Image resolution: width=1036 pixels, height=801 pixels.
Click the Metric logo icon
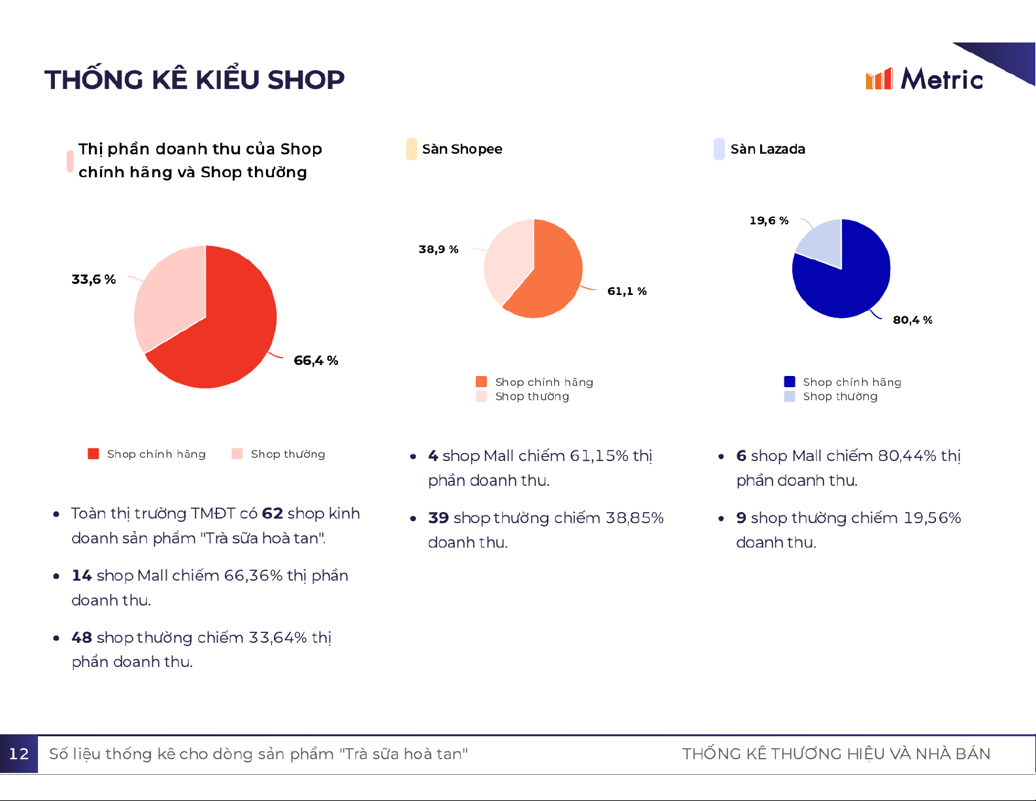[878, 79]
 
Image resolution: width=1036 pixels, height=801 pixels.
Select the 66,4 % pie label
[316, 360]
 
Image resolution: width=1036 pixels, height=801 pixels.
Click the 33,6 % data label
[93, 279]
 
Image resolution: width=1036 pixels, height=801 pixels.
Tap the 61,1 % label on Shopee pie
[627, 291]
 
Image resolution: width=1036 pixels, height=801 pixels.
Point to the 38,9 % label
[438, 249]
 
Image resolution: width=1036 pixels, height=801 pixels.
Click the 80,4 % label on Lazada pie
[912, 320]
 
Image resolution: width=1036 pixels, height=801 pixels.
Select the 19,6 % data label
[769, 220]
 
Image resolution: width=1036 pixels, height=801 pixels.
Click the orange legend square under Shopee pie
[482, 382]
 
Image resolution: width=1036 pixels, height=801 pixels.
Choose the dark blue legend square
[790, 382]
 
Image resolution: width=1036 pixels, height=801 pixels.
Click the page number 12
[19, 754]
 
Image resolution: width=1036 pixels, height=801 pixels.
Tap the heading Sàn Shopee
[462, 149]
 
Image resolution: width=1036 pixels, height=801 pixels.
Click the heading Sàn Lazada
[767, 149]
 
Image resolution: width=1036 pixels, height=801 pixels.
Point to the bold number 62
[272, 513]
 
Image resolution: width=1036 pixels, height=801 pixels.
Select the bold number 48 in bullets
[82, 638]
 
